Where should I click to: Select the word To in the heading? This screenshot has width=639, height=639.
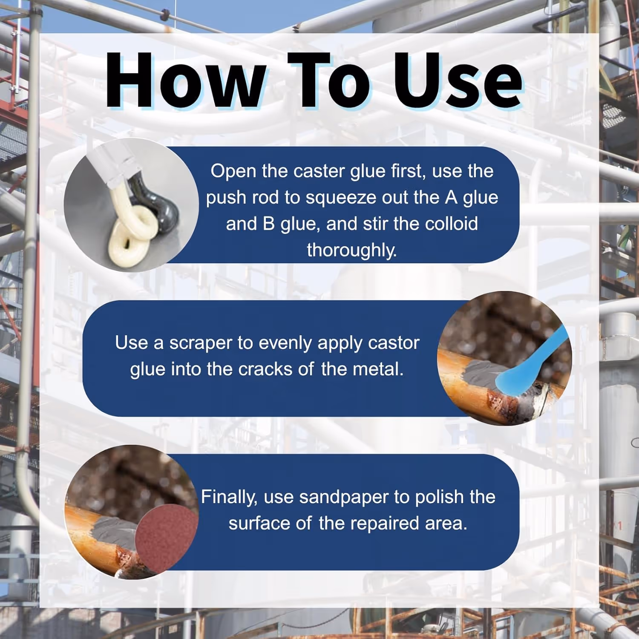(x=328, y=81)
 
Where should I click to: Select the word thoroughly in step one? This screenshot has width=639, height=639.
(x=352, y=250)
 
